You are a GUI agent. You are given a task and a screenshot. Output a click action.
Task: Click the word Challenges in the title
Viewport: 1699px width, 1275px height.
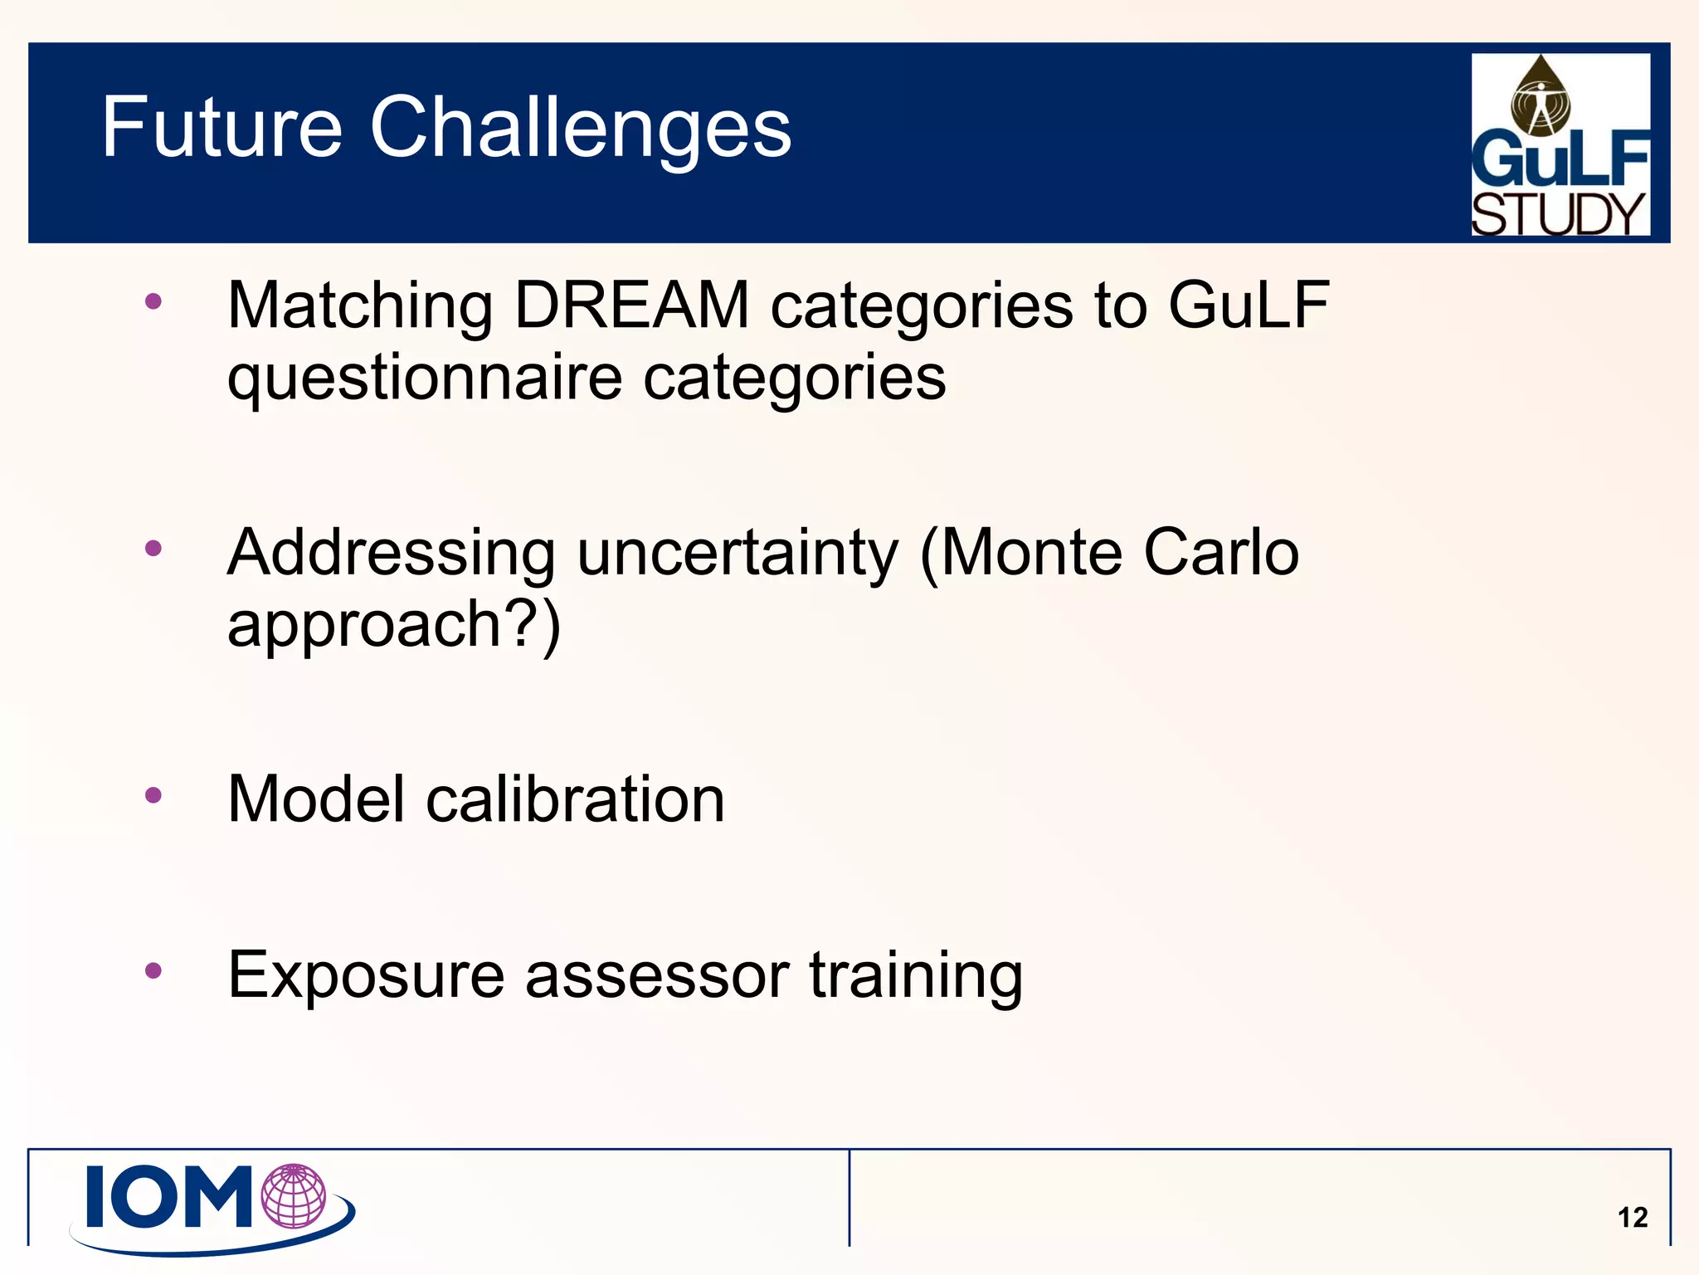point(581,129)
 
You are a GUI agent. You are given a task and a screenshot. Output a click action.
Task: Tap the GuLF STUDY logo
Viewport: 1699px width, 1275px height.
point(1560,144)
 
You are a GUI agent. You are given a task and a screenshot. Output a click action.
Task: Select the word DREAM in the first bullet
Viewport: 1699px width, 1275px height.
point(632,305)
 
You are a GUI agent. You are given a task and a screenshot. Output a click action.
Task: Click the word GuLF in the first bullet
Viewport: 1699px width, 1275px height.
point(1249,305)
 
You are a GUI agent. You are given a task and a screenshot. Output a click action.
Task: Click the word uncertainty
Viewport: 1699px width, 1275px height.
point(738,554)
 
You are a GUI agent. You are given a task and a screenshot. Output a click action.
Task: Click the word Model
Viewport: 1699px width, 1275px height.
point(316,799)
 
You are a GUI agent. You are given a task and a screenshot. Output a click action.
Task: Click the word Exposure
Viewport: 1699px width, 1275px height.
point(366,975)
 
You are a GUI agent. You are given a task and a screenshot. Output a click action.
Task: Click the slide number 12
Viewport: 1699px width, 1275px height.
point(1632,1218)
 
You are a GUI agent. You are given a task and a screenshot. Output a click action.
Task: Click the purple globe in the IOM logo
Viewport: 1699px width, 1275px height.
point(293,1196)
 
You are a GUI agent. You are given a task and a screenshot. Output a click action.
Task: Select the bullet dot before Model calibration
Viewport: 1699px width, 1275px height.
point(153,796)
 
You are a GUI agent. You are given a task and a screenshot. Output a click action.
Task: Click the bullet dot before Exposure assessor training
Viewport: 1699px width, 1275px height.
point(153,970)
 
